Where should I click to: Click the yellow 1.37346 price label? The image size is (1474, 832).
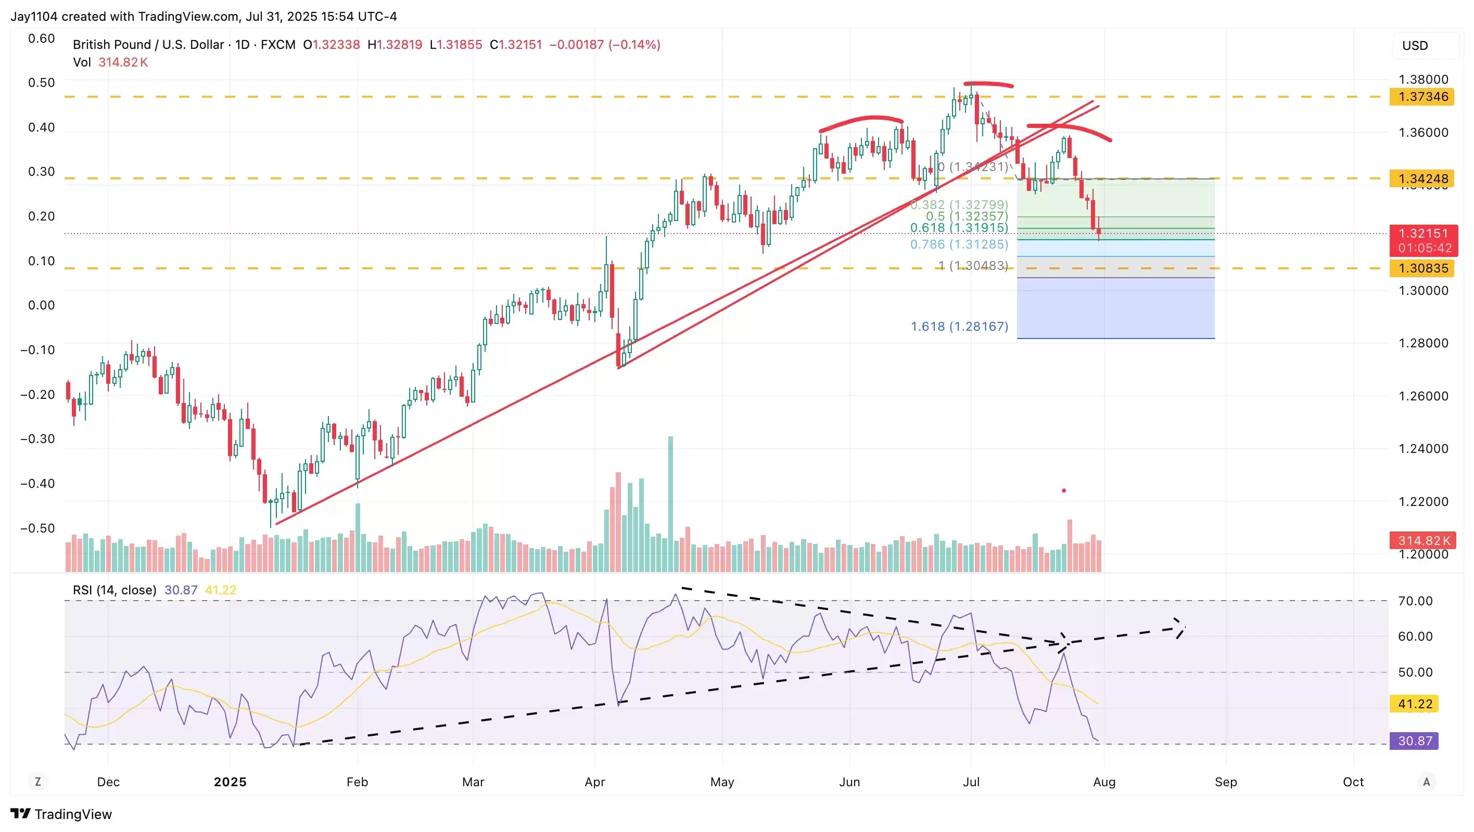(x=1422, y=97)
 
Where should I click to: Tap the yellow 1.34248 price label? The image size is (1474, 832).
(x=1422, y=178)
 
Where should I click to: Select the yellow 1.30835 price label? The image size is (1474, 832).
(x=1422, y=268)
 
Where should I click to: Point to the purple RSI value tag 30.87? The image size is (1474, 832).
(x=1415, y=741)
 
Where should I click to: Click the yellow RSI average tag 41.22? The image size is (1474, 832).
(x=1415, y=704)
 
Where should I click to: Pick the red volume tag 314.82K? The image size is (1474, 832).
(x=1422, y=540)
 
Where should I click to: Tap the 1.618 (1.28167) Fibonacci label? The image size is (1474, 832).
(x=959, y=327)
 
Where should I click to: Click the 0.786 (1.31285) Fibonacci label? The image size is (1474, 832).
(x=959, y=245)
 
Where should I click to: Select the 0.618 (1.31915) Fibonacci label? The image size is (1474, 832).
(x=959, y=228)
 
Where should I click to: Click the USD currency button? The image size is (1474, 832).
(x=1415, y=46)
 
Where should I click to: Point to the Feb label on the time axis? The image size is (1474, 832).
(x=357, y=782)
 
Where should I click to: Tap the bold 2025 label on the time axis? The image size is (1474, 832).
(x=230, y=782)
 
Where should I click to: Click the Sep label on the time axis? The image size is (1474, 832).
(x=1226, y=782)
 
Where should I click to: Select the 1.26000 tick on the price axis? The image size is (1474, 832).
(x=1423, y=396)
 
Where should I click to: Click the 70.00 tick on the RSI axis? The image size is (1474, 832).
(x=1415, y=601)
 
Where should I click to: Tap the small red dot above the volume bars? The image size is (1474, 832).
(x=1064, y=491)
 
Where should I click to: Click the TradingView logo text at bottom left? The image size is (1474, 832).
(x=73, y=814)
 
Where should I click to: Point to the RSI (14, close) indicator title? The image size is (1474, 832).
(x=115, y=590)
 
